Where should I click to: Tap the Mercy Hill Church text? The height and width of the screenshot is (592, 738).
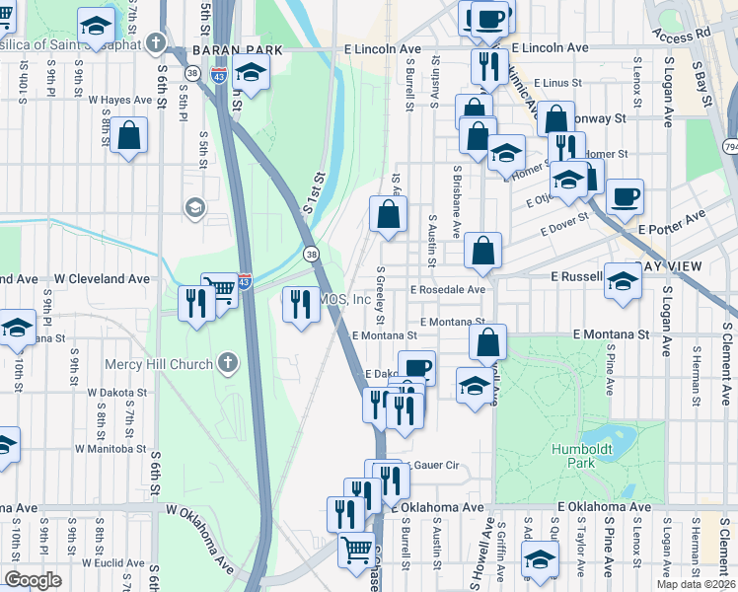click(159, 364)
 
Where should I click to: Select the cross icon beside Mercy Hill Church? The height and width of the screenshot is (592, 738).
click(228, 362)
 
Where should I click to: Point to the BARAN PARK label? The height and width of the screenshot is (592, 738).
click(232, 49)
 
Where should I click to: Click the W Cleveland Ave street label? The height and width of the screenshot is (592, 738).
click(102, 279)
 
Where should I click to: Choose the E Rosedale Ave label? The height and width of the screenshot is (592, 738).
click(448, 290)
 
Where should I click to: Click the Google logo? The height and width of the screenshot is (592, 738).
click(33, 580)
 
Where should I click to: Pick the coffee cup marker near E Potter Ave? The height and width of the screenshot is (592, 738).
click(625, 196)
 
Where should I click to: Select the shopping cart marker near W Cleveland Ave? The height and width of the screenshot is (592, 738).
click(220, 289)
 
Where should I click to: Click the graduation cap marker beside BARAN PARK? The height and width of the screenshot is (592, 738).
click(252, 73)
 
